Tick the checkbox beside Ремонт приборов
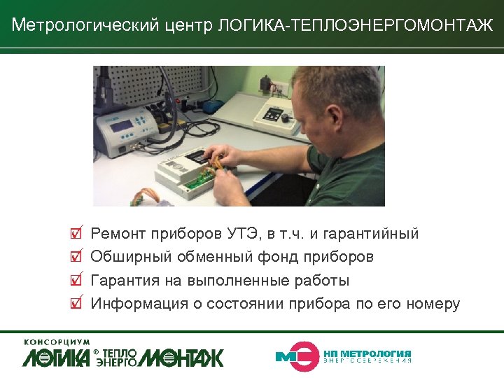tap(76, 232)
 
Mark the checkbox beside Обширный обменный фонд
tap(76, 256)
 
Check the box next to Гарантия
tap(76, 280)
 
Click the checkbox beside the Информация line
tap(76, 304)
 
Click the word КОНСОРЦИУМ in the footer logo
tap(57, 342)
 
